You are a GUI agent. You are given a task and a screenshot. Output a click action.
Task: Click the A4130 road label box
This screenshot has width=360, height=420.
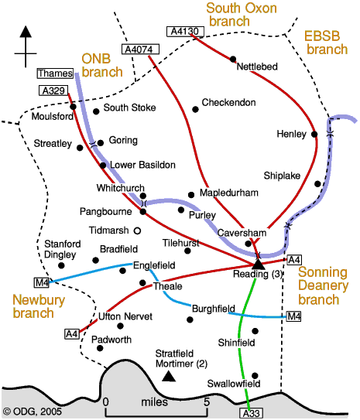click(x=185, y=32)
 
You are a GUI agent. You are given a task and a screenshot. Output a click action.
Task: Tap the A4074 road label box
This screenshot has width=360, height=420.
click(x=140, y=50)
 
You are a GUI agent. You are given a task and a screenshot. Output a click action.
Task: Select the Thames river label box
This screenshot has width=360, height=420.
click(x=55, y=73)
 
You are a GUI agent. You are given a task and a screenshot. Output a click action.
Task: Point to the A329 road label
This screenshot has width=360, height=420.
click(x=53, y=90)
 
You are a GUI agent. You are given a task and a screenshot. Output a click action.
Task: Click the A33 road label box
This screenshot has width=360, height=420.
click(x=251, y=413)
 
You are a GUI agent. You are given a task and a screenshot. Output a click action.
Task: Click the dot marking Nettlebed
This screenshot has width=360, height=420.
click(x=233, y=59)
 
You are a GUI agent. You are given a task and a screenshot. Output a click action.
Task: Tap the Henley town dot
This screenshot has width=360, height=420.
click(x=314, y=134)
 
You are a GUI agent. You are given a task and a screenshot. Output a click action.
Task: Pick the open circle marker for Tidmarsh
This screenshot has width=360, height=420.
click(x=137, y=230)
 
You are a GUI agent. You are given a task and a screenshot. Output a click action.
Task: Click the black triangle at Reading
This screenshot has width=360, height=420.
click(x=258, y=264)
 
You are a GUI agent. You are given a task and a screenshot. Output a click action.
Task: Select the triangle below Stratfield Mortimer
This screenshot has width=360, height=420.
click(x=169, y=376)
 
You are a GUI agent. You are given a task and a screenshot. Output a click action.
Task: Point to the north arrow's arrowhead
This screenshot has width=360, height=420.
click(x=26, y=32)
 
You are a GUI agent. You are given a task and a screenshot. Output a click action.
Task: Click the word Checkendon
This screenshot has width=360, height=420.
click(x=228, y=103)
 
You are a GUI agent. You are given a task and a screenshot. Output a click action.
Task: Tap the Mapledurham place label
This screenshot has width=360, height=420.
click(x=229, y=193)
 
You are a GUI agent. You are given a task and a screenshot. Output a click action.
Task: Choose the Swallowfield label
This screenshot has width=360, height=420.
click(x=234, y=384)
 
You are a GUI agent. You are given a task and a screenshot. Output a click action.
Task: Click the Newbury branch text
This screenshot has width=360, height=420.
click(x=39, y=306)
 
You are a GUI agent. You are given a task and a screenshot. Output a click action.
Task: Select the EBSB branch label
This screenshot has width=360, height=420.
click(x=326, y=43)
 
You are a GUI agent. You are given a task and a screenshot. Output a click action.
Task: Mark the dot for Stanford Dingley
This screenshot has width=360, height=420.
click(x=61, y=265)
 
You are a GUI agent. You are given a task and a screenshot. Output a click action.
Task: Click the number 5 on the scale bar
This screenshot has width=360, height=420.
click(x=207, y=401)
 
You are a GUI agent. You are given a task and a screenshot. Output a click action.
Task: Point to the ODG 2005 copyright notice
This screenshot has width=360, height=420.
click(x=33, y=411)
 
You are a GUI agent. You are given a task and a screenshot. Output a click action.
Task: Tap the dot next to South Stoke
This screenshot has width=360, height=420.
click(x=96, y=111)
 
